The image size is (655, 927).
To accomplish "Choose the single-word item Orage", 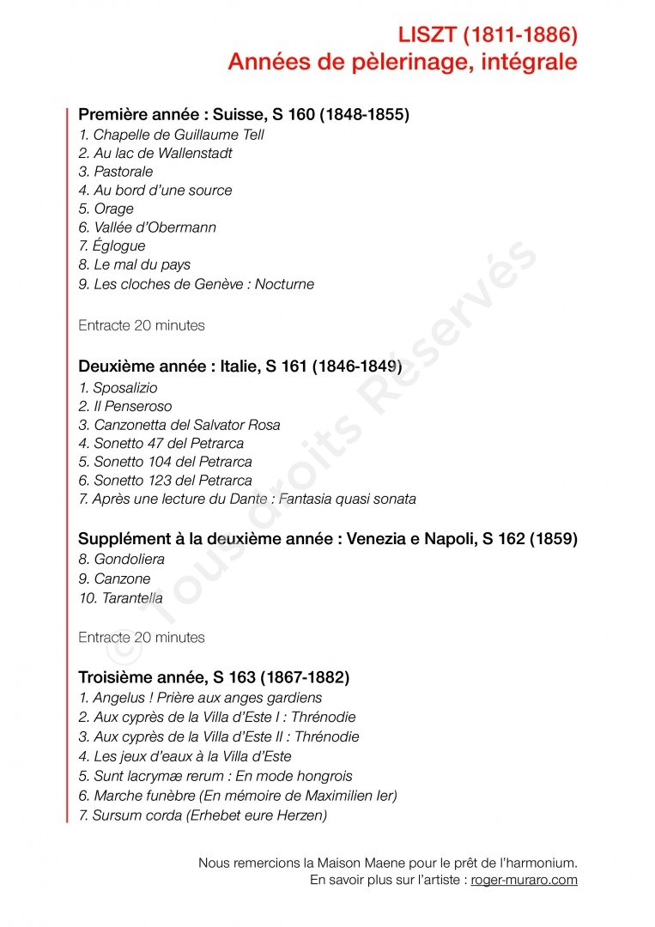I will click(113, 209).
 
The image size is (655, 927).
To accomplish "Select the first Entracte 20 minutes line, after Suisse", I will click(142, 326).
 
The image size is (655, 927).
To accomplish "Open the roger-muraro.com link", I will click(524, 880).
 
